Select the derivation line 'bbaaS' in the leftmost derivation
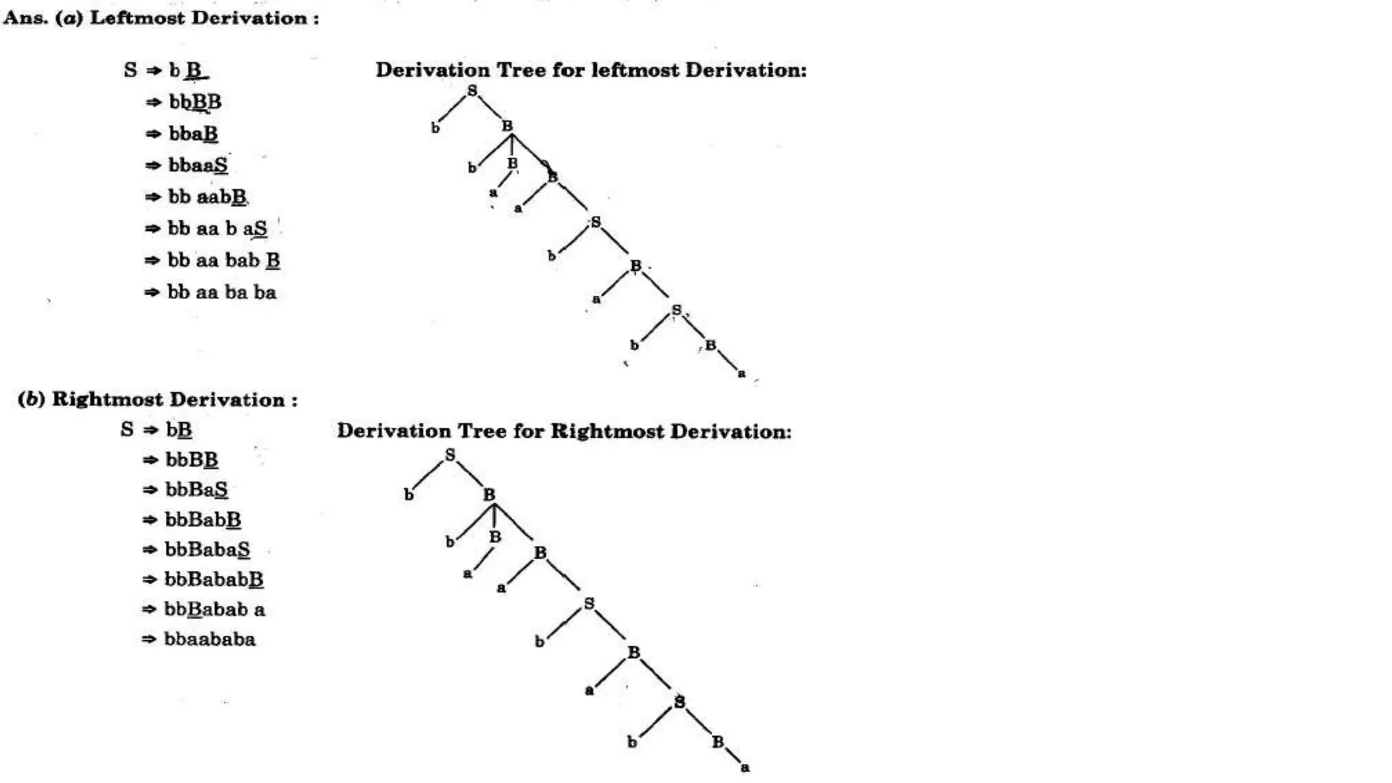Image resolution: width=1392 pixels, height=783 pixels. [x=198, y=165]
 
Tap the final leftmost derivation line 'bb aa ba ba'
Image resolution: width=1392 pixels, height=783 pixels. [x=222, y=292]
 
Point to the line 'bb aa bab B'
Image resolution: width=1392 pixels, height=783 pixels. [x=224, y=260]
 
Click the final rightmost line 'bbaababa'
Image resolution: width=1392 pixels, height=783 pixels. [x=210, y=639]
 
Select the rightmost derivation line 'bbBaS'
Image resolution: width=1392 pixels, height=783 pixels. [x=196, y=489]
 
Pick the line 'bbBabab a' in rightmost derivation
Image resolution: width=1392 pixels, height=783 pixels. [x=214, y=609]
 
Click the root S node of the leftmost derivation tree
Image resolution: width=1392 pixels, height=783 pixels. [x=472, y=90]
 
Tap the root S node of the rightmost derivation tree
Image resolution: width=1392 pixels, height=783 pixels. [x=450, y=455]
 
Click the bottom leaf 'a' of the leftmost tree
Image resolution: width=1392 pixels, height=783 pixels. [x=742, y=373]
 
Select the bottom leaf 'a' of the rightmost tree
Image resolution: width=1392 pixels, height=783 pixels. [x=745, y=767]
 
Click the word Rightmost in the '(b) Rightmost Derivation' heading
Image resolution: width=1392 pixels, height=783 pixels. [x=108, y=399]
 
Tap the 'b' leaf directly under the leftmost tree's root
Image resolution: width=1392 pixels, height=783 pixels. [x=436, y=127]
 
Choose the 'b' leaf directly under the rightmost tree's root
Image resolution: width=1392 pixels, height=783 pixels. [x=408, y=495]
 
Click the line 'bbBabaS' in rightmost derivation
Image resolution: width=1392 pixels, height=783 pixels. [x=207, y=549]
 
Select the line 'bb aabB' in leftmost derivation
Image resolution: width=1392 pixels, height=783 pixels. [x=207, y=197]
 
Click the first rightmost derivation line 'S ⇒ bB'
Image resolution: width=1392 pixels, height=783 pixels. [x=157, y=430]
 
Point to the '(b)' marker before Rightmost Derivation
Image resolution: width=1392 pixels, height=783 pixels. [x=31, y=399]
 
